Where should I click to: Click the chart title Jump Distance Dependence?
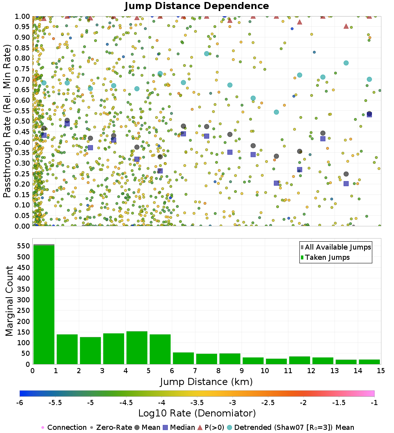coord(197,6)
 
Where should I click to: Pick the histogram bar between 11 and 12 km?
coord(299,360)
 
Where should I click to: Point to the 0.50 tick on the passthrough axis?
coord(23,121)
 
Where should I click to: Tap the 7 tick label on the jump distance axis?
coord(195,371)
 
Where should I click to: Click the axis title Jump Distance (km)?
coord(206,381)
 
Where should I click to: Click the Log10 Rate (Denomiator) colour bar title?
coord(197,413)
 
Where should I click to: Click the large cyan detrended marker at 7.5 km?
coord(206,54)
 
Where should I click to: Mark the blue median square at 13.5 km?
coord(346,183)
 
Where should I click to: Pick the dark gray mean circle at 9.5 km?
coord(253,146)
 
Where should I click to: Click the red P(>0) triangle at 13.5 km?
coord(346,26)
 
